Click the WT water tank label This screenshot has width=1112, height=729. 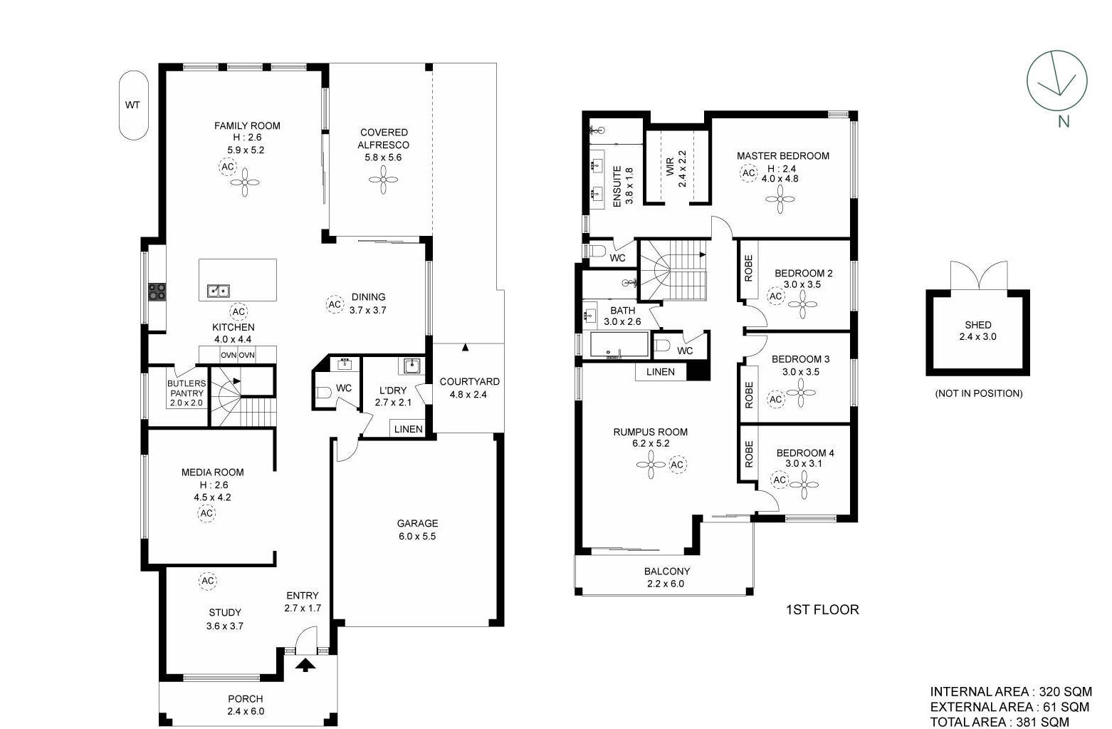point(132,105)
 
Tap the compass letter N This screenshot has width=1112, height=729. point(1063,121)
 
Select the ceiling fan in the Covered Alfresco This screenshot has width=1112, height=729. point(384,180)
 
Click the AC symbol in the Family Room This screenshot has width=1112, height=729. point(228,167)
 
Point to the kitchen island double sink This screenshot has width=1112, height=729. point(219,290)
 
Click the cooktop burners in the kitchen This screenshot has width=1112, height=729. point(157,291)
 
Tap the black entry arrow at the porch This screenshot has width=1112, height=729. point(305,665)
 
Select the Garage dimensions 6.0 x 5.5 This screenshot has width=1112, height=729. point(417,536)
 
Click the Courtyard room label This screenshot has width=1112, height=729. point(470,382)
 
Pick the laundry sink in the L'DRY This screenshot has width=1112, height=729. point(411,367)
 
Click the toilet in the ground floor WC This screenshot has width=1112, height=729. point(324,393)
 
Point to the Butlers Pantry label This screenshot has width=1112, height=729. point(186,388)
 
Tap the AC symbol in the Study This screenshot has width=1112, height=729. point(207,580)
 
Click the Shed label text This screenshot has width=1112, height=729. point(978,325)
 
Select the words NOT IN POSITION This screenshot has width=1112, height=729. point(979,393)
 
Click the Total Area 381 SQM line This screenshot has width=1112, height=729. point(1000,722)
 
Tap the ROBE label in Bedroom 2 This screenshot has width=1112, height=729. point(749,269)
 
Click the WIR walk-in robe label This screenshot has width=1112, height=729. point(670,167)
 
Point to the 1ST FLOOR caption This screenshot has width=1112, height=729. point(822,610)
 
